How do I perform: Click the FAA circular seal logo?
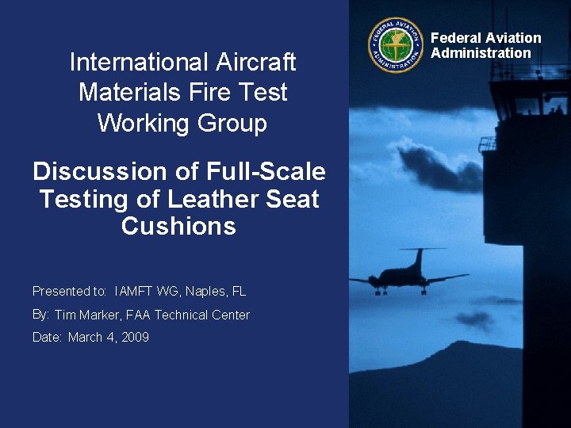pos(395,45)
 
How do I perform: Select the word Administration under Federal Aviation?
pos(481,53)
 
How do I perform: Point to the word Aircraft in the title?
pos(257,62)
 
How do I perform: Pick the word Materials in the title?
pos(121,93)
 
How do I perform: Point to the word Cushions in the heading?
pos(178,227)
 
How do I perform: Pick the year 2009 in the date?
pos(135,338)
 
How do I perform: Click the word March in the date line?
pos(84,338)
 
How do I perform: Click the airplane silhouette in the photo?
pos(409,274)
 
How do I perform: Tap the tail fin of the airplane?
pos(418,258)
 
